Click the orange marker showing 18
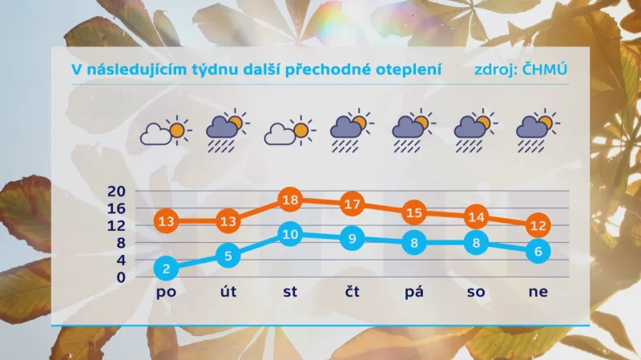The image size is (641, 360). [x=291, y=200]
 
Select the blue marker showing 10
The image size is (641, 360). [x=291, y=234]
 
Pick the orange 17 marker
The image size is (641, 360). [x=352, y=204]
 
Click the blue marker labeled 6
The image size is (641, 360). [x=538, y=251]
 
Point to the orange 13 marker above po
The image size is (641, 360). [x=167, y=221]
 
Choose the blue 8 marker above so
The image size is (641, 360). [x=476, y=242]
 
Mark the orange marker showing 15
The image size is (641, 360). [x=413, y=212]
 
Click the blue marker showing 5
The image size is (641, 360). [x=228, y=256]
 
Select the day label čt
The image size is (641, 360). [x=352, y=293]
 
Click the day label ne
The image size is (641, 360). [x=538, y=293]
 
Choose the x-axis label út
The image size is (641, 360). [x=228, y=293]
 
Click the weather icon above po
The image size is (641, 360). [x=167, y=131]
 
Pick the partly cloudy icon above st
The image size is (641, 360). [x=289, y=131]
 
